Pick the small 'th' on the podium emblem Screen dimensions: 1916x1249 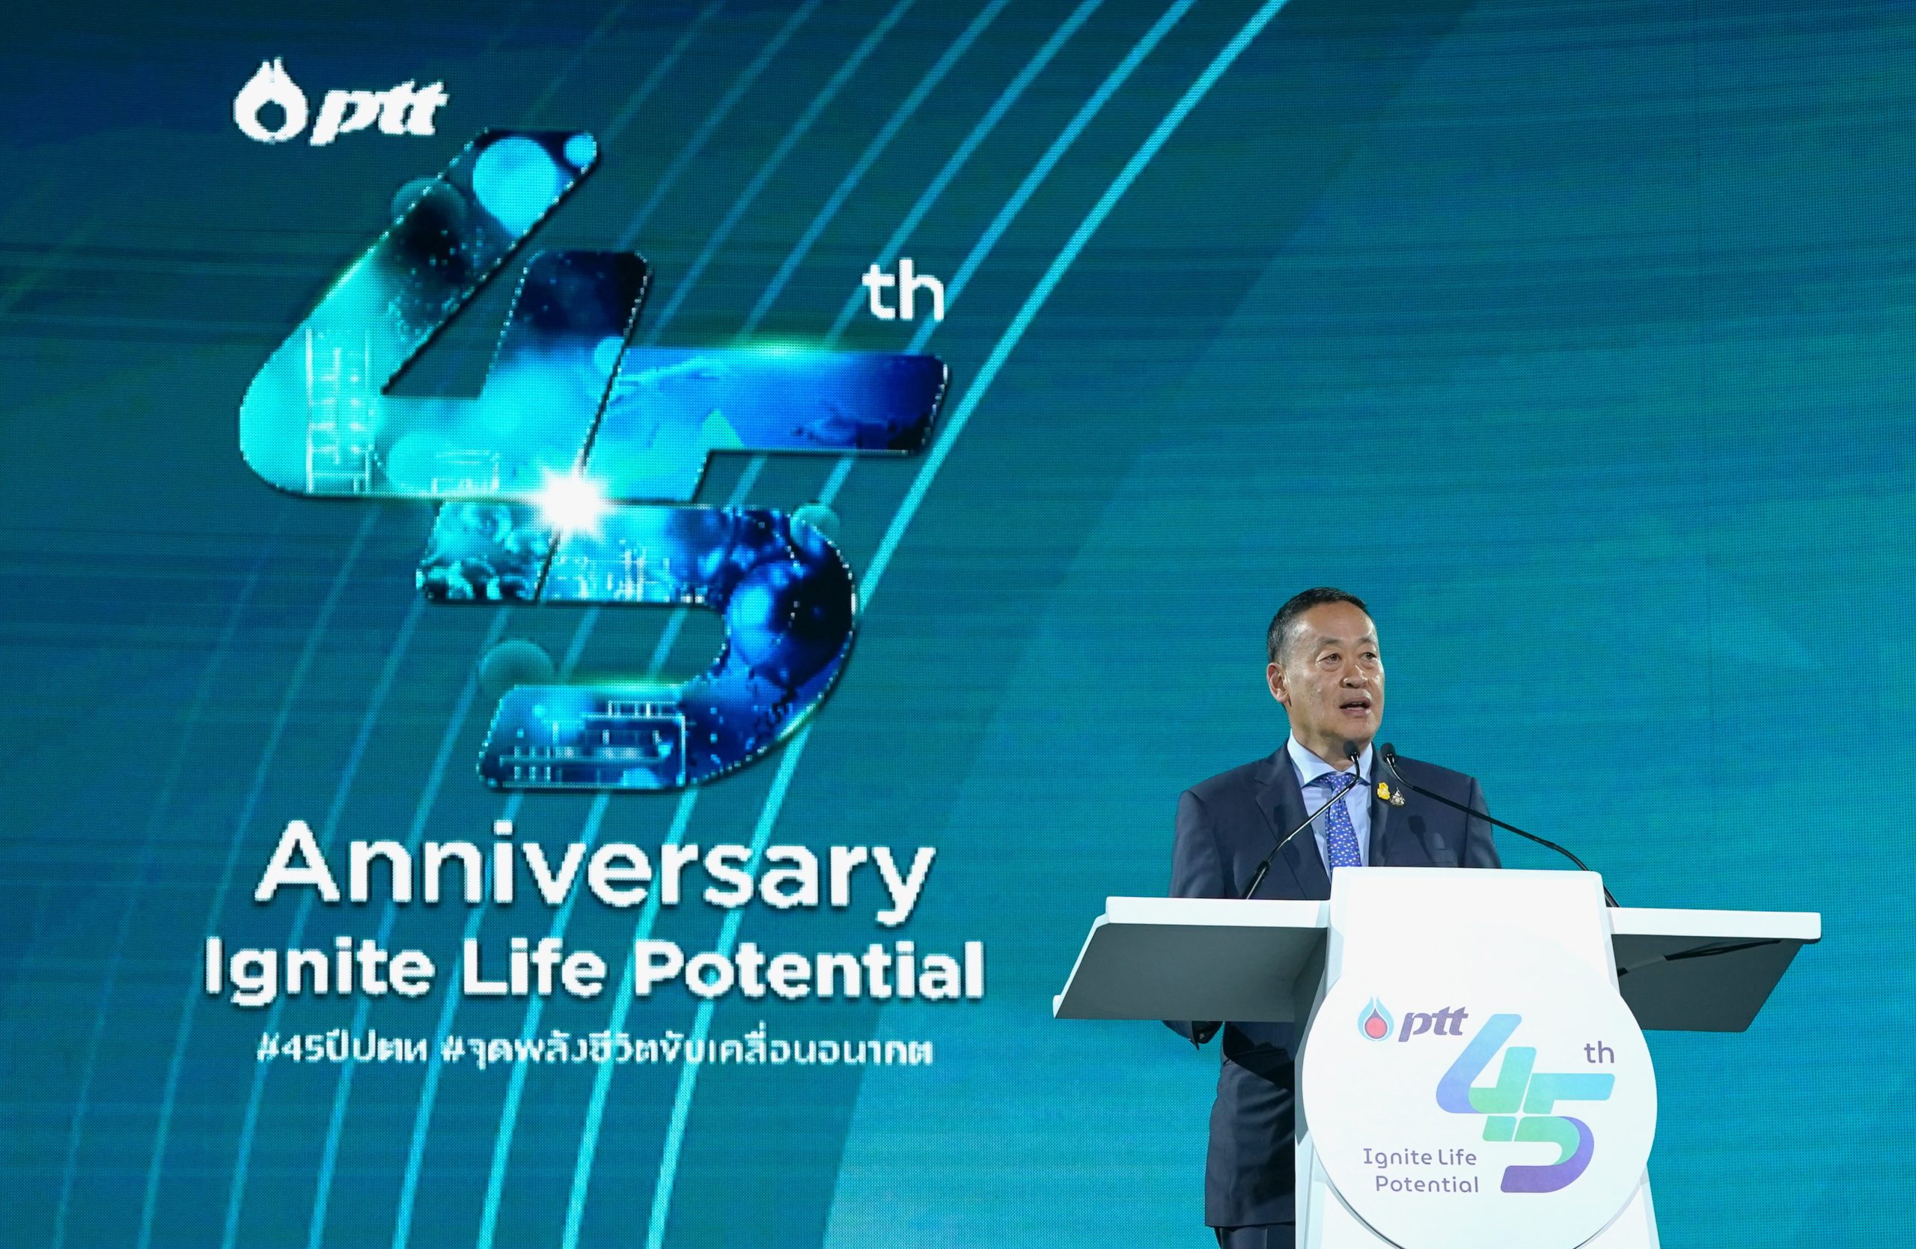1599,1054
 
